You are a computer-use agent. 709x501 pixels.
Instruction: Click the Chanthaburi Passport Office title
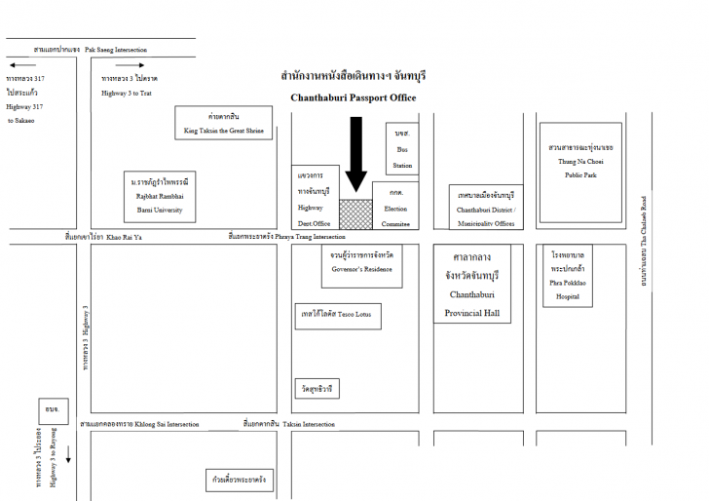353,97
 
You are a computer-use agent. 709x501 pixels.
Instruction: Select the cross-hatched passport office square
354,214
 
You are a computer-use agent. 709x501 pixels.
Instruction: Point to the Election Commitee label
395,215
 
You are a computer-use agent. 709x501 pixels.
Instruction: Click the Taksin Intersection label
288,425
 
